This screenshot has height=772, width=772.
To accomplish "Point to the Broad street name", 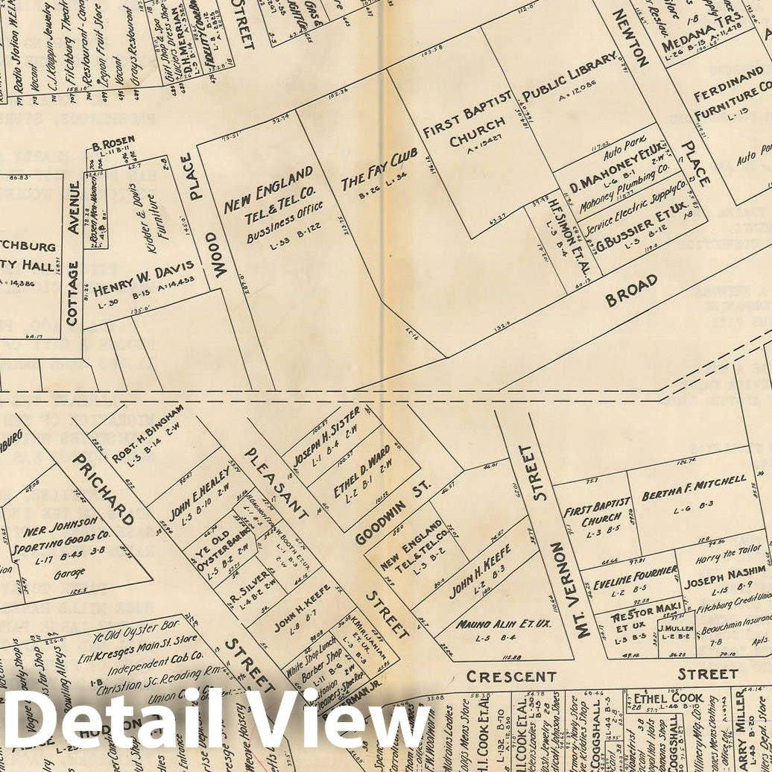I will point(631,289).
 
